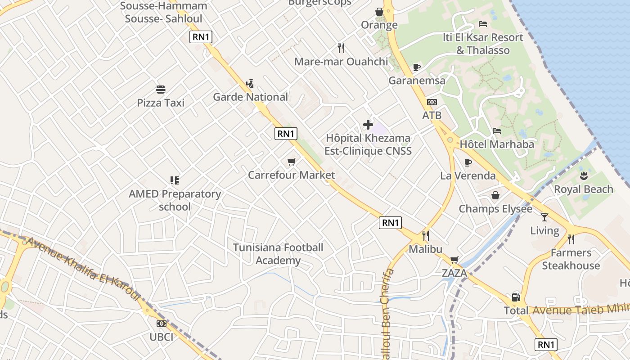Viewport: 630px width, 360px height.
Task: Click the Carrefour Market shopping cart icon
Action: click(292, 162)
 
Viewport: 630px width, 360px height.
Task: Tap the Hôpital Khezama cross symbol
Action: click(368, 125)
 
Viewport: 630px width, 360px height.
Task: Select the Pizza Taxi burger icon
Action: click(161, 89)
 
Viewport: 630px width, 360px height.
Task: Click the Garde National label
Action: click(250, 97)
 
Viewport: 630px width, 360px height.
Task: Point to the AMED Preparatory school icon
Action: click(175, 180)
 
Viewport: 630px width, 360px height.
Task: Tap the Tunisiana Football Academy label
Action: click(278, 254)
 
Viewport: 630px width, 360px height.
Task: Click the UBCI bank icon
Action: click(161, 323)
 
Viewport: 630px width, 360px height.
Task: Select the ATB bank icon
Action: click(432, 102)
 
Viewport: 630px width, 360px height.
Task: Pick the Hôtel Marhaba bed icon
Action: click(497, 131)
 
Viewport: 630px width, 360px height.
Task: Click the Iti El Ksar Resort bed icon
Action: click(483, 24)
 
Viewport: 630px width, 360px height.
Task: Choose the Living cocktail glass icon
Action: click(544, 217)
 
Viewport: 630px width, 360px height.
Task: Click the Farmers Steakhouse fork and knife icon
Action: click(571, 239)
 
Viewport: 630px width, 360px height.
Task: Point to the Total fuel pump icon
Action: click(516, 297)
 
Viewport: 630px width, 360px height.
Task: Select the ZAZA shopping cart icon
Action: click(454, 260)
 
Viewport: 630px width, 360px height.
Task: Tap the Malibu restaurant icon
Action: click(425, 235)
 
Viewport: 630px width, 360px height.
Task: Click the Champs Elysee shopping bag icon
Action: click(495, 195)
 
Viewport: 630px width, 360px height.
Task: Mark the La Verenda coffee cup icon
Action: click(468, 162)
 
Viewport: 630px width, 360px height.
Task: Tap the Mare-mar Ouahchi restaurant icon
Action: click(341, 48)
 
